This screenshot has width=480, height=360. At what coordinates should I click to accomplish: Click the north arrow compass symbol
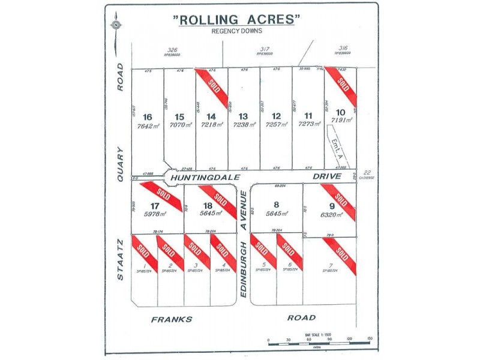point(115,25)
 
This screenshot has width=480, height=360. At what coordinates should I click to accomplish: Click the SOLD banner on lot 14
point(211,88)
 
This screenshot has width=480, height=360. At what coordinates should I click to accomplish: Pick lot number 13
point(243,117)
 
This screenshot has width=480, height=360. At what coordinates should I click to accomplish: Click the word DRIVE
point(327,176)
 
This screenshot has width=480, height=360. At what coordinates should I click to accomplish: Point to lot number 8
point(276,205)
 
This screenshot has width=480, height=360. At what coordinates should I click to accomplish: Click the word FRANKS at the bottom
point(172,319)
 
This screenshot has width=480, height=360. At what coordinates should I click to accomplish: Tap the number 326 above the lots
point(173,49)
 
